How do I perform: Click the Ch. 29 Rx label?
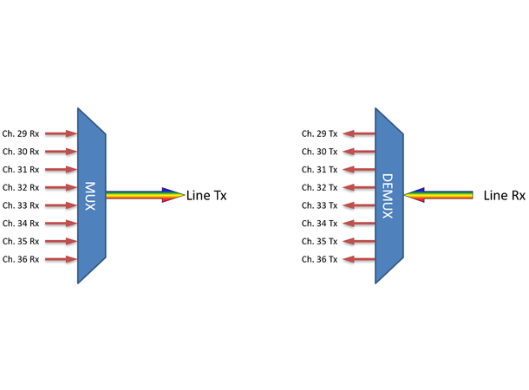tap(21, 133)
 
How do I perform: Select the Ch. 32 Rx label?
tap(21, 187)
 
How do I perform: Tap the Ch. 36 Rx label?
tap(21, 259)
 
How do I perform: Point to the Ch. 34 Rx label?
tap(21, 224)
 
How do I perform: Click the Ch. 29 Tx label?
tap(319, 133)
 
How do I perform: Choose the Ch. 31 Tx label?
tap(319, 170)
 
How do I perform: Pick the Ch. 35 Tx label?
tap(319, 242)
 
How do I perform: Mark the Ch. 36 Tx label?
tap(319, 259)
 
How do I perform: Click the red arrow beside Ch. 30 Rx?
tap(61, 152)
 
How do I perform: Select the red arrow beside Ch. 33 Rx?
tap(61, 205)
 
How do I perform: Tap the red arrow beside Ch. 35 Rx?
tap(61, 242)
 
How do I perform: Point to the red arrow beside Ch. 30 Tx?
tap(358, 152)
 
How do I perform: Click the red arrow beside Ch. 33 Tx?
tap(358, 205)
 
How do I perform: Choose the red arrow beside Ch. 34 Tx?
tap(358, 224)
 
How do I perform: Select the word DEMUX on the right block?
tap(388, 196)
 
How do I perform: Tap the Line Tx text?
tap(206, 196)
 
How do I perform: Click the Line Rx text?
tap(504, 196)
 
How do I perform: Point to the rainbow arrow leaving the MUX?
tap(144, 195)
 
